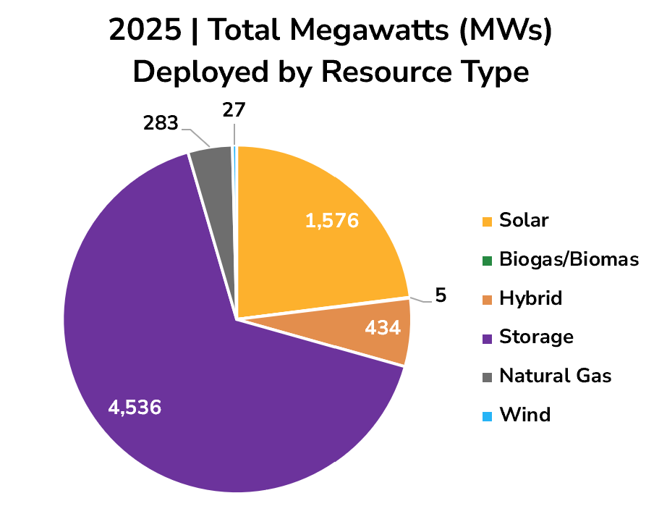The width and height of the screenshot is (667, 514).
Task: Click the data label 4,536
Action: [135, 408]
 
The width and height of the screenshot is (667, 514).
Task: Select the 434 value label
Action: [382, 329]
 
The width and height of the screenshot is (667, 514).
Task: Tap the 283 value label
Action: [160, 124]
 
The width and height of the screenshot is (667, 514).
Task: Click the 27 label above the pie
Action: [234, 110]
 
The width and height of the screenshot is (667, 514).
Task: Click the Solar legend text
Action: [524, 220]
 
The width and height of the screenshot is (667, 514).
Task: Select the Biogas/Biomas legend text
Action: [569, 259]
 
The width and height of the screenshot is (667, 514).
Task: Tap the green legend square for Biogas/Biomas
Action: [487, 260]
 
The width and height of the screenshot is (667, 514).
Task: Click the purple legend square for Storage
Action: [487, 337]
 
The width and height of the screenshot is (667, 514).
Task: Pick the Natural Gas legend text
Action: [556, 376]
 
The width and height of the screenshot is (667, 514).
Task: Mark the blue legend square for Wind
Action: [487, 416]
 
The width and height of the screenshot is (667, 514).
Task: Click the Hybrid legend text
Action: [530, 298]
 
